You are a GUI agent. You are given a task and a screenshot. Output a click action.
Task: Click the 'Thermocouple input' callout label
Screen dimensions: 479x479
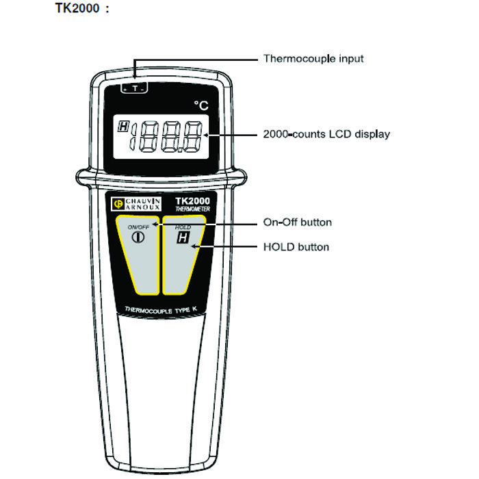click(313, 59)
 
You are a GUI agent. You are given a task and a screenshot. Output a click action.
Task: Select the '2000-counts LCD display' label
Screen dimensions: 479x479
click(326, 134)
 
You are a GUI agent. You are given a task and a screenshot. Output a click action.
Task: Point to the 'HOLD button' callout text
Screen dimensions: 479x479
click(296, 246)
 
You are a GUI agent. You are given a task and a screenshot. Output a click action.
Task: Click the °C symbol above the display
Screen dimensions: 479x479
click(200, 105)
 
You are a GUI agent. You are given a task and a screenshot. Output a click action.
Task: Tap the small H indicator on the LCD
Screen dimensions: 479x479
click(123, 126)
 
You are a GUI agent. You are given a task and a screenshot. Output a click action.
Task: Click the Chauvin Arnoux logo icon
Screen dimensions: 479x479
click(117, 203)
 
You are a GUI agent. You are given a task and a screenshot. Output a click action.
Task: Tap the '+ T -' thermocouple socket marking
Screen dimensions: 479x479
click(135, 88)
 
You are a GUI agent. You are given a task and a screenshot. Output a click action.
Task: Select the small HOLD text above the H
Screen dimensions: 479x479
click(183, 226)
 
